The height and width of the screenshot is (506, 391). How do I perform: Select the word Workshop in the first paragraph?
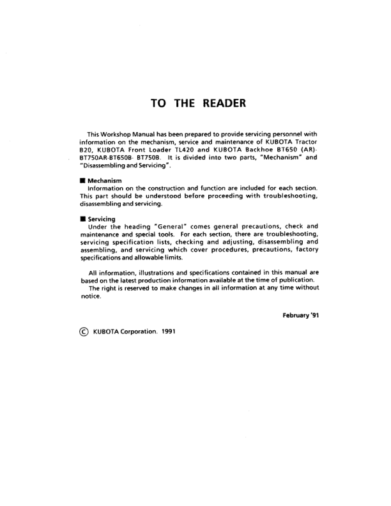(x=119, y=134)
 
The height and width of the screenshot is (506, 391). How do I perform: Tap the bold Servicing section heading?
(x=101, y=220)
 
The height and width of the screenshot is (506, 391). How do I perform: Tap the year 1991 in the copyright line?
(x=167, y=332)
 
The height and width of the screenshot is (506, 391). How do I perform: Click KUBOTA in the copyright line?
(x=105, y=332)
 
